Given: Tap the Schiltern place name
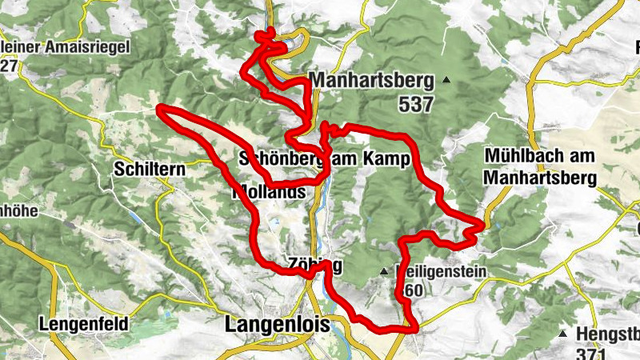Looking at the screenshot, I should click(150, 170).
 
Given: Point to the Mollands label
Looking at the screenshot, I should click(269, 193).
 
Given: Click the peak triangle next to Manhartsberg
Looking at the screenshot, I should click(446, 79).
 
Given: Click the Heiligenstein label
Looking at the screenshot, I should click(442, 272).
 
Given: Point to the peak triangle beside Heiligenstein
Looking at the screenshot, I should click(385, 271).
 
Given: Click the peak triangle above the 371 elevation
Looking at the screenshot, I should click(563, 333).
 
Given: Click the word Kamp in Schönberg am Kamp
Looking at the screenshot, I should click(390, 160).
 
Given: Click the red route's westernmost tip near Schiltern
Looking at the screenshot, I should click(160, 108).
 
